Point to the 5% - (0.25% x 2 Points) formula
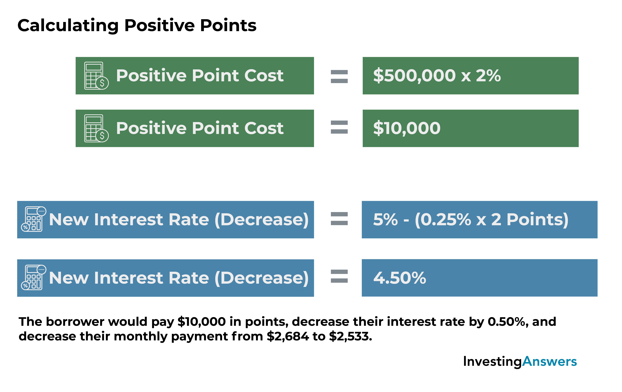click(x=471, y=220)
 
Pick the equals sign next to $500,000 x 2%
click(x=339, y=77)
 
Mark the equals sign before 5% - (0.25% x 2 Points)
click(x=339, y=219)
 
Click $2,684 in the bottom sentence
click(x=287, y=336)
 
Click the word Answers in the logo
click(x=549, y=361)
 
